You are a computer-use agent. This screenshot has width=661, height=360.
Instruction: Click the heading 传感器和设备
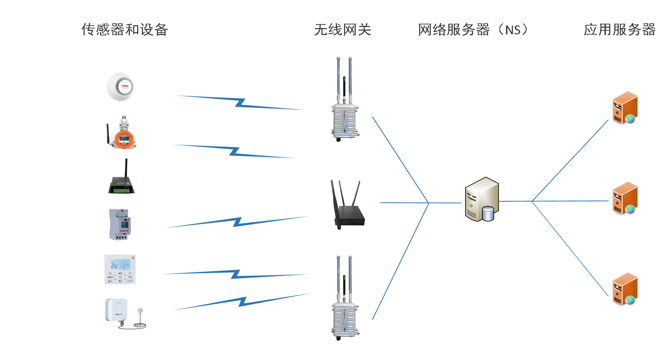click(124, 30)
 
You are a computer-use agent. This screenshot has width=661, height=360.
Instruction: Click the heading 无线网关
click(342, 30)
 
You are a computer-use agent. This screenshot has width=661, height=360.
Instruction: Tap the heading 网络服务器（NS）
click(473, 30)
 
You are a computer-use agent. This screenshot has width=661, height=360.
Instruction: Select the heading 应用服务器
click(619, 30)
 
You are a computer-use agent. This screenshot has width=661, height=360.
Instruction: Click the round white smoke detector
click(123, 87)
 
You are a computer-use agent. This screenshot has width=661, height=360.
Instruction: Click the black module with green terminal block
click(122, 179)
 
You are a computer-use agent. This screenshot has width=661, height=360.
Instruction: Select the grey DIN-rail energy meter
click(120, 224)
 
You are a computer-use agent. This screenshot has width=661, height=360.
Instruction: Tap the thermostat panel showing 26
click(120, 270)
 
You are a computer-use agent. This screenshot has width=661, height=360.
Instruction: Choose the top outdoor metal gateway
click(344, 109)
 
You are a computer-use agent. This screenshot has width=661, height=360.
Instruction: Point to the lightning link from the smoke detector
click(240, 102)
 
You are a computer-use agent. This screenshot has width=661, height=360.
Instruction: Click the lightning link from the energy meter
click(237, 222)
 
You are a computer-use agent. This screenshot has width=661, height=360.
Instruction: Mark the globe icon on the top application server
click(630, 119)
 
